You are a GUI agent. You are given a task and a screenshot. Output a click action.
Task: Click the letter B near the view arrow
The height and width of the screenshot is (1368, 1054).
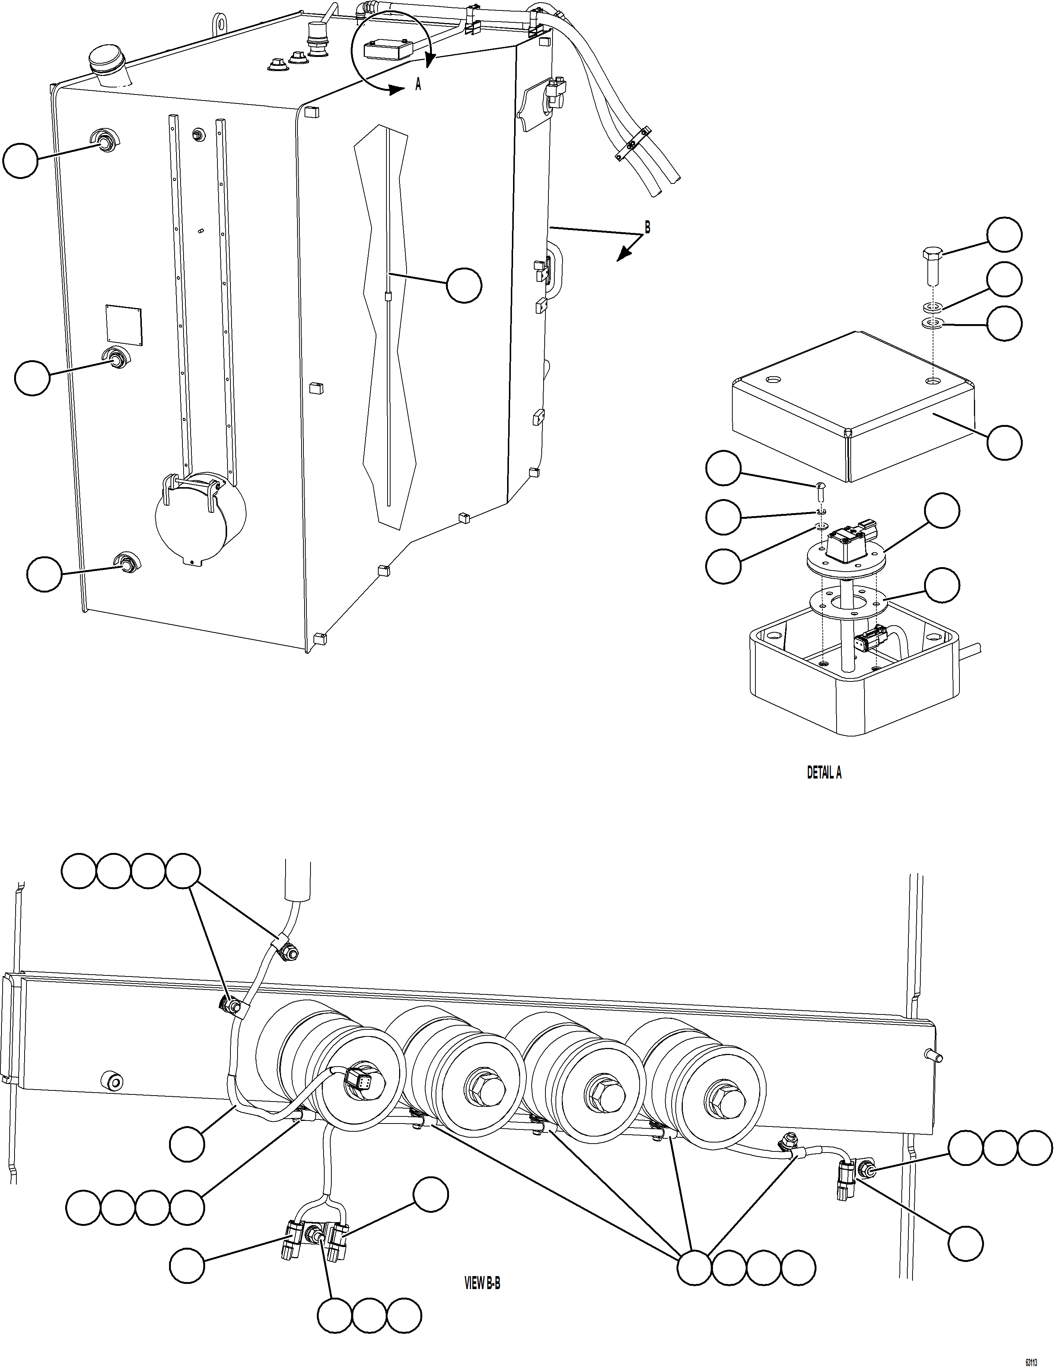point(647,228)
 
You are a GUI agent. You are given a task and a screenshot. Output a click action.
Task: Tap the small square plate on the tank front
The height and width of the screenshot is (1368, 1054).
point(124,325)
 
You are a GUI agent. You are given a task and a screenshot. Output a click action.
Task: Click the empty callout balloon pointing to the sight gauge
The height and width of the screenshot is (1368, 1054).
point(464,286)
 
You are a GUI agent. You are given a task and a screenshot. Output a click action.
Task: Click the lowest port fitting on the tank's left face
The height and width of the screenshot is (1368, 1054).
point(127,562)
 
